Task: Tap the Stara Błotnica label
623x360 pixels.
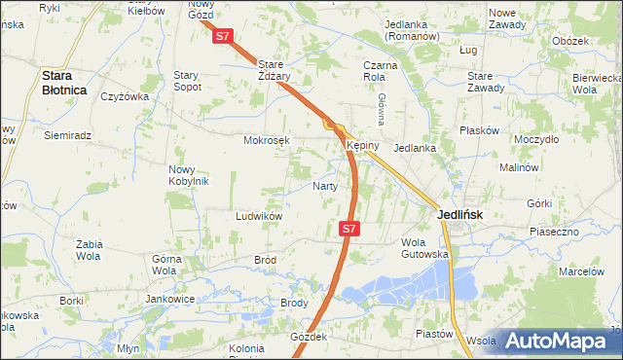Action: click(x=63, y=82)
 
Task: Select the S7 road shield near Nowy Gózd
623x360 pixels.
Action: click(x=223, y=36)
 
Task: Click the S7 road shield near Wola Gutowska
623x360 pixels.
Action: click(x=350, y=230)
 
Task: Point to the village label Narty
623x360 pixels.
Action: click(x=325, y=186)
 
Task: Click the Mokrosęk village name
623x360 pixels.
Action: click(x=267, y=140)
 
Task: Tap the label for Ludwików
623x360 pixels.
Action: click(x=258, y=216)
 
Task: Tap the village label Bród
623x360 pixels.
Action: click(x=265, y=261)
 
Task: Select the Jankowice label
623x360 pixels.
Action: click(x=165, y=299)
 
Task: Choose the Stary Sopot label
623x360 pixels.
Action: click(x=187, y=80)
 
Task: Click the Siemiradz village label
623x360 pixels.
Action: click(x=67, y=135)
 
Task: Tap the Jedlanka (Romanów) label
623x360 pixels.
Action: click(x=415, y=29)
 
